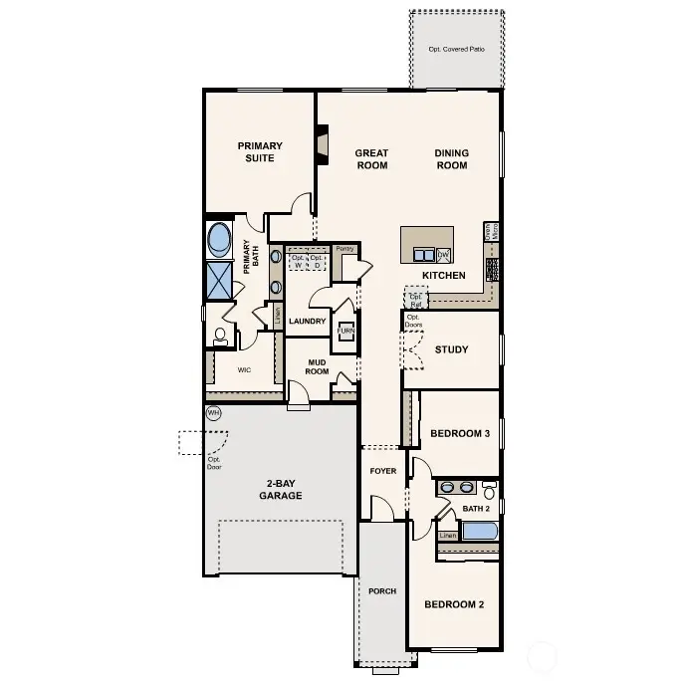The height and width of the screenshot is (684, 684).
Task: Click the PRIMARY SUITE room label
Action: [260, 152]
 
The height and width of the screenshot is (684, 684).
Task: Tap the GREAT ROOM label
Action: [371, 159]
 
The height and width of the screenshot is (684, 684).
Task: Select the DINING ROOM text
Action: [451, 159]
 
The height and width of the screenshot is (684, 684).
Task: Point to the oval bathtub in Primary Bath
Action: [220, 240]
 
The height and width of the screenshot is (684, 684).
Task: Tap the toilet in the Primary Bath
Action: [220, 336]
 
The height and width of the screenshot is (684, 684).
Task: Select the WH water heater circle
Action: [213, 412]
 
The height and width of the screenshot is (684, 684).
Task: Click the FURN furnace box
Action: [345, 334]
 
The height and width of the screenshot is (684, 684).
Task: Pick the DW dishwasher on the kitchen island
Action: [444, 254]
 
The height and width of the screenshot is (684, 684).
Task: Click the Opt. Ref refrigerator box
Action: [416, 298]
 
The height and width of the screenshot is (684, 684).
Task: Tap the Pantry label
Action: [345, 249]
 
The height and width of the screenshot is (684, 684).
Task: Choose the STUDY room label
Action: [451, 349]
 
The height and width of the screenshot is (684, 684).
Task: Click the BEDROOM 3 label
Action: [459, 433]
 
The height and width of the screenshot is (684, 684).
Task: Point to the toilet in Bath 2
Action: [488, 491]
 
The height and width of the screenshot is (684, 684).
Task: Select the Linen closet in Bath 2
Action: [448, 535]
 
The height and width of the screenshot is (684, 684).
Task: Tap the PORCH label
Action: [381, 591]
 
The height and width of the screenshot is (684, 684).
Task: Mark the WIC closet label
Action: [244, 369]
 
